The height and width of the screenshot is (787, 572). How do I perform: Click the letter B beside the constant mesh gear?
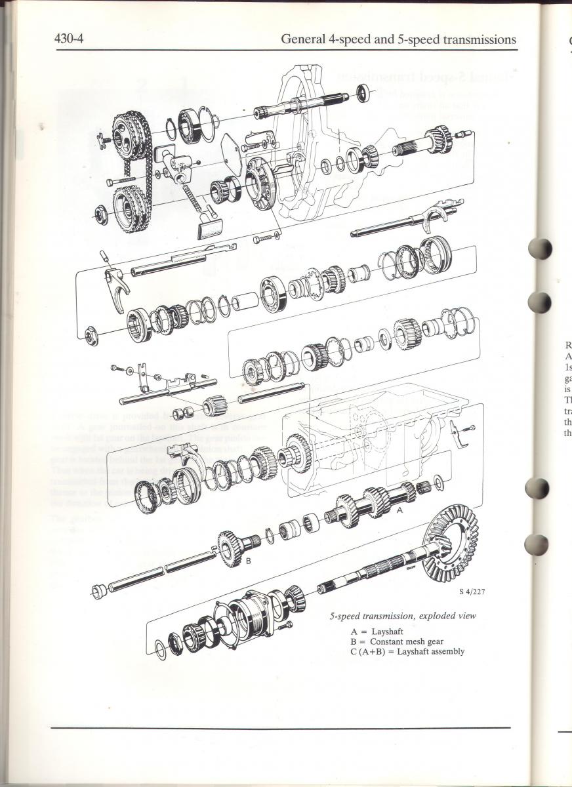(x=249, y=561)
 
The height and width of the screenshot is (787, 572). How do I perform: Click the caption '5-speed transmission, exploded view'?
(x=403, y=616)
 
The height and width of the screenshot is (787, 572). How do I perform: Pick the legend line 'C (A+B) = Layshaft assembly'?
(x=407, y=651)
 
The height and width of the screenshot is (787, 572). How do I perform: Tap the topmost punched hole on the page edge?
(x=539, y=249)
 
